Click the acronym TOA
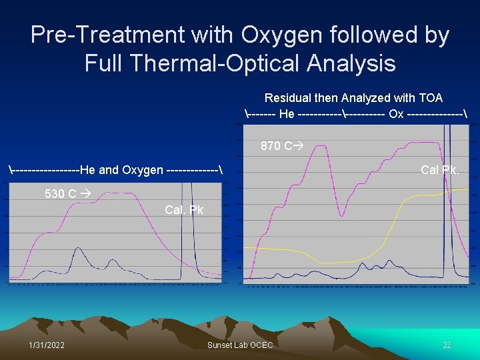point(430,98)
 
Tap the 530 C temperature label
point(60,194)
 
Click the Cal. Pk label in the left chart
point(184,210)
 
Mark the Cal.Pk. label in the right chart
point(439,170)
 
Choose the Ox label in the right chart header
point(396,114)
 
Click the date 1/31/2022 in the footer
point(47,344)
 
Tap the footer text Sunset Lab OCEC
point(240,344)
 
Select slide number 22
point(447,344)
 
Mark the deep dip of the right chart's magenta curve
point(342,215)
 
